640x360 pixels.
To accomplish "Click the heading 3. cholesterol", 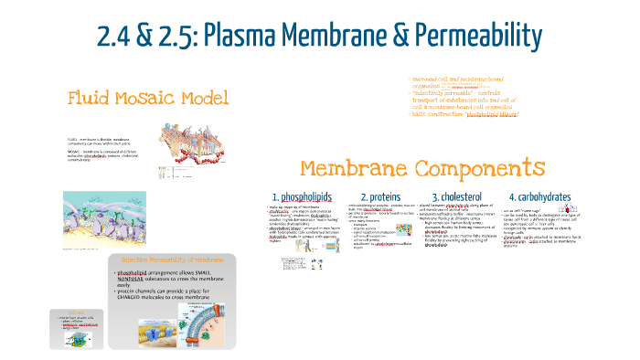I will pyautogui.click(x=463, y=196).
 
